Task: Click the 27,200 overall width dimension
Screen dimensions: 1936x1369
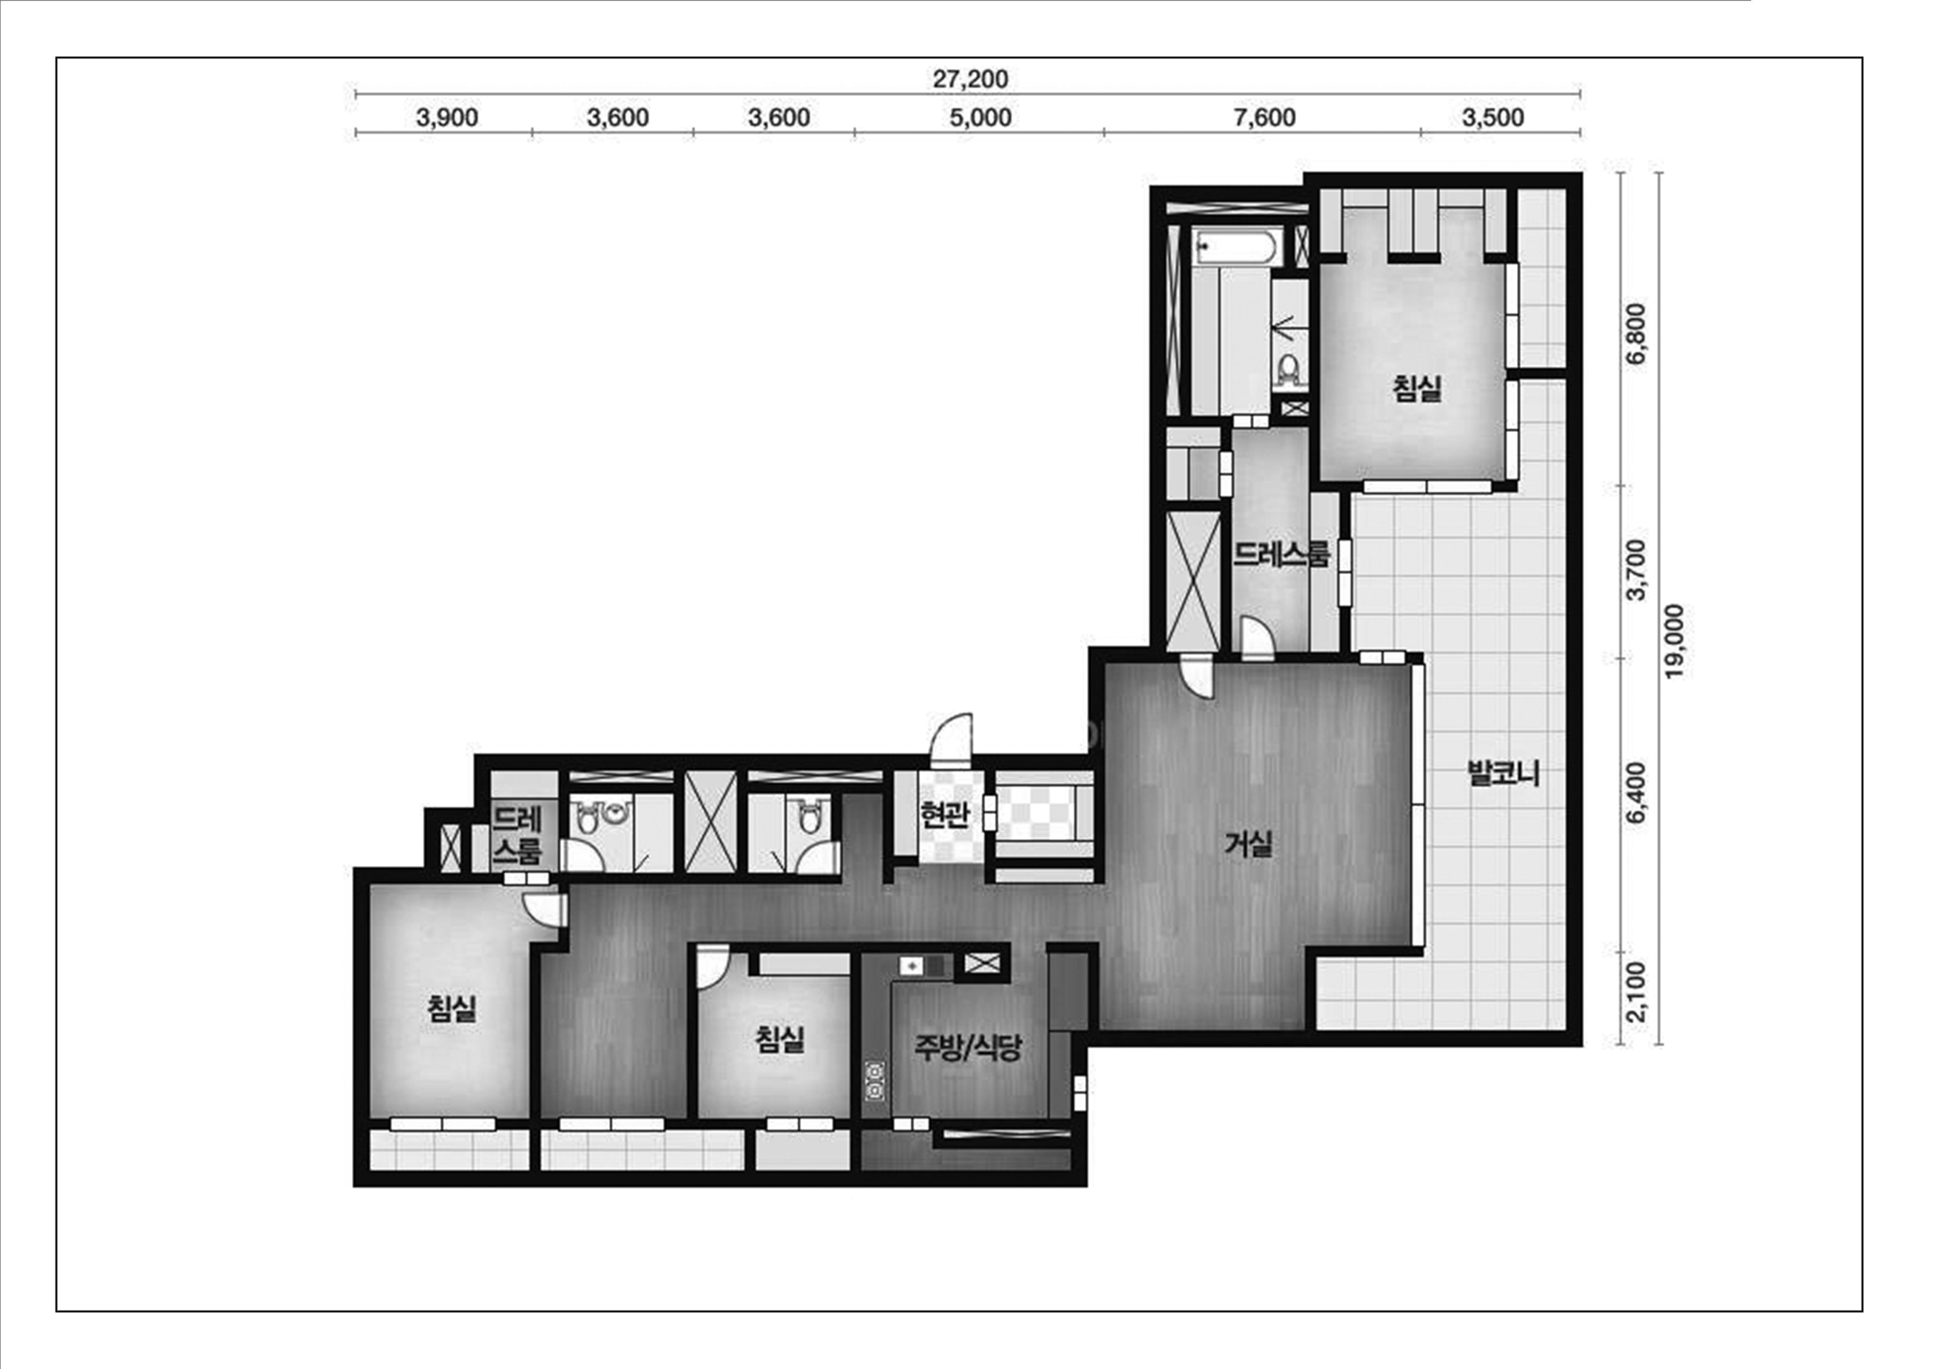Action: click(970, 79)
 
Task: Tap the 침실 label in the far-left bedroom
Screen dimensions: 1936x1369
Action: click(452, 1008)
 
